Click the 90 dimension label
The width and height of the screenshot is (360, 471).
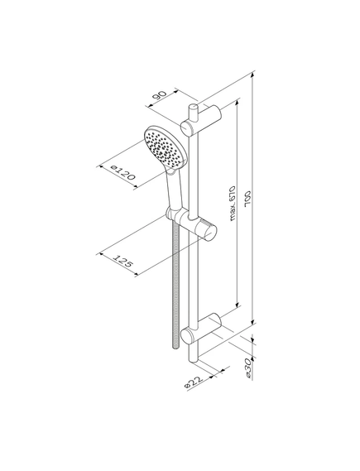click(x=159, y=96)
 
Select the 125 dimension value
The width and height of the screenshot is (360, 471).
click(x=122, y=261)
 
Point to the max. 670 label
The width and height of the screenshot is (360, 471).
click(x=233, y=204)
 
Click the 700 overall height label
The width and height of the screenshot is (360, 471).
click(x=248, y=199)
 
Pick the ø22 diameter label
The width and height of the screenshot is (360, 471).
click(x=194, y=382)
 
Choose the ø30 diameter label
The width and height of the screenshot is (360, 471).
click(x=248, y=368)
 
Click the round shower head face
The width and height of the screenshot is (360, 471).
click(x=165, y=147)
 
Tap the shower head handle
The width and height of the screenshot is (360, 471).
click(x=175, y=190)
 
